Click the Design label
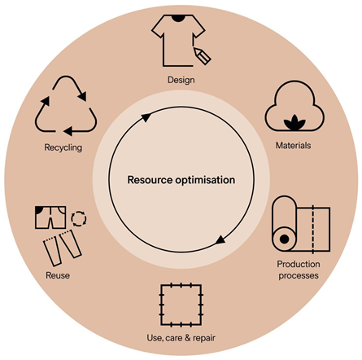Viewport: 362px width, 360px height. pyautogui.click(x=181, y=80)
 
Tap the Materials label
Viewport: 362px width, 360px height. pyautogui.click(x=293, y=146)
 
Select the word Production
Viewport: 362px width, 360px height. pyautogui.click(x=299, y=264)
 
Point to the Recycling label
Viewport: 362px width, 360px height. pyautogui.click(x=63, y=147)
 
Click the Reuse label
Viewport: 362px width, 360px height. pyautogui.click(x=58, y=275)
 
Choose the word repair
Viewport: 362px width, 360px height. pyautogui.click(x=204, y=338)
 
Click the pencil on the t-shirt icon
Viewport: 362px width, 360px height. pyautogui.click(x=203, y=56)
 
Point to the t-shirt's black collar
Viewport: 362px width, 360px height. pyautogui.click(x=178, y=18)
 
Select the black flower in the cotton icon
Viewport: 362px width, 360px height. pyautogui.click(x=294, y=122)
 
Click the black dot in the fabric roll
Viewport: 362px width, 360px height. pyautogui.click(x=284, y=239)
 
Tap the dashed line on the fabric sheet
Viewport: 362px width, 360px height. pyautogui.click(x=313, y=229)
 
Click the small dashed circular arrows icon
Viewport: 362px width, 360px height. pyautogui.click(x=79, y=219)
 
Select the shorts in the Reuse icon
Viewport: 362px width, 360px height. pyautogui.click(x=50, y=217)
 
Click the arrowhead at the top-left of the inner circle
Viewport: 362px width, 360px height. pyautogui.click(x=146, y=117)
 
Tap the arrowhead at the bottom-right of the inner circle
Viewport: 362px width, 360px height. pyautogui.click(x=220, y=239)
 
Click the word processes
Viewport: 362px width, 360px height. pyautogui.click(x=299, y=276)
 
